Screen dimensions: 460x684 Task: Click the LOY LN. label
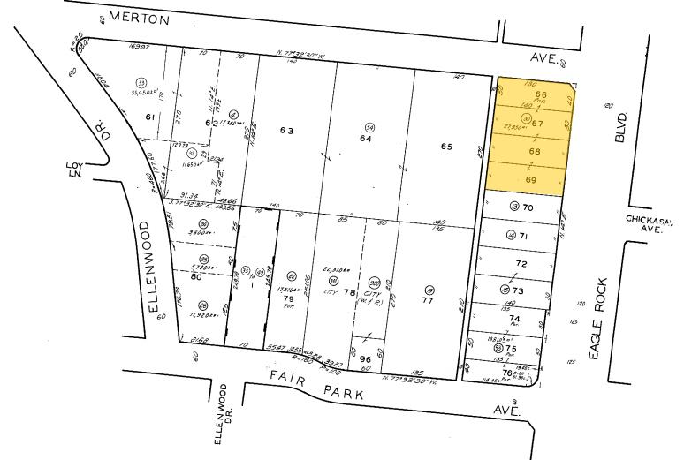point(73,168)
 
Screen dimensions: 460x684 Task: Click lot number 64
point(365,139)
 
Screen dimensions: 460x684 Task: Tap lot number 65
point(446,146)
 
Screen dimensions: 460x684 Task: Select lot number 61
point(150,117)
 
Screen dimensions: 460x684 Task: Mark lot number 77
point(428,300)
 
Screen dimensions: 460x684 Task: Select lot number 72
point(521,264)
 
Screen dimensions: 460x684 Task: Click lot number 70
point(528,207)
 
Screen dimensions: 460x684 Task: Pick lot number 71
point(523,236)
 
